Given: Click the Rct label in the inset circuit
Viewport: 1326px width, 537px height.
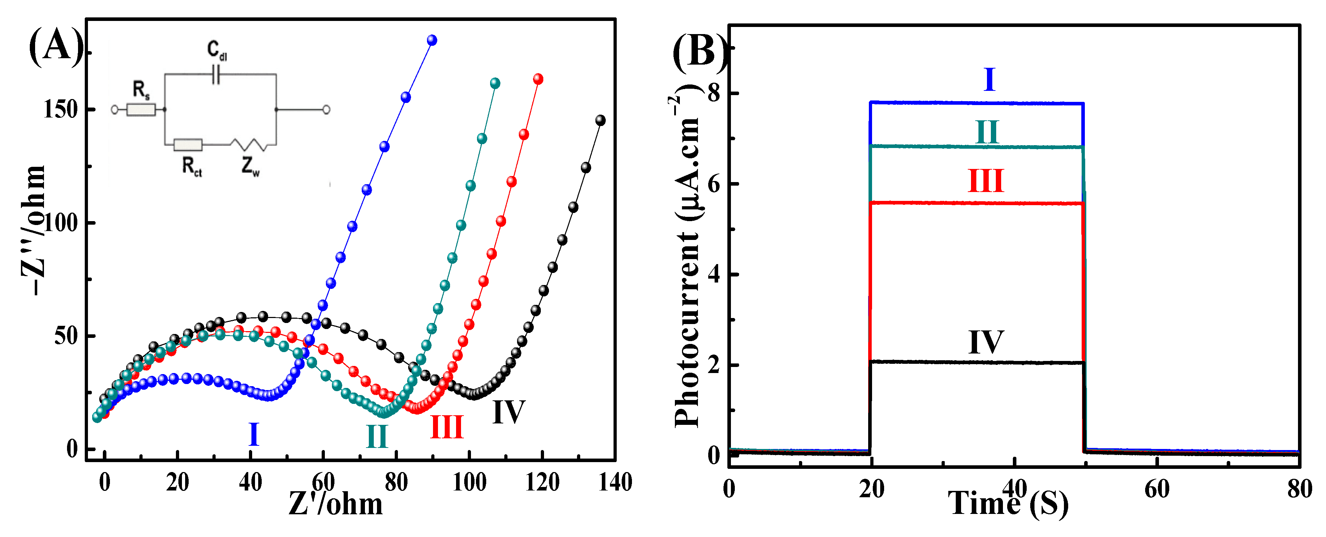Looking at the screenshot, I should coord(192,166).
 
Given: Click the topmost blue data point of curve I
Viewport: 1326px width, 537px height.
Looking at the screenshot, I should coord(432,40).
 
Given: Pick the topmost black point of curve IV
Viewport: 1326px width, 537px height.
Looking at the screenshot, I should coord(600,120).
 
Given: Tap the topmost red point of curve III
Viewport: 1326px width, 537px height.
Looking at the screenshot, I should coord(538,79).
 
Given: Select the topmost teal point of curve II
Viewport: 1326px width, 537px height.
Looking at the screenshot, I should coord(495,83).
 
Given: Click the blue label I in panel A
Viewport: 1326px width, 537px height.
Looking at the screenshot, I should coord(253,434).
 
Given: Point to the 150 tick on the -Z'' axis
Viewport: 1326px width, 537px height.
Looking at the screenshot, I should coord(60,109).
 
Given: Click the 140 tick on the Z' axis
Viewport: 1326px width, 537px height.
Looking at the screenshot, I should coord(615,482).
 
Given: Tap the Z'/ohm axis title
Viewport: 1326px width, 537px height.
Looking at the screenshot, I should coord(335,504).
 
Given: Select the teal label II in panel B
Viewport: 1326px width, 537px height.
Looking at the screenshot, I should coord(987,132).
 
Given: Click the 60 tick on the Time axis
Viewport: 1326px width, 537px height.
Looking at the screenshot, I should coord(1156,489).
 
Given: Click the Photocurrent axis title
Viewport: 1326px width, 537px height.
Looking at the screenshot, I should coord(687,260).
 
